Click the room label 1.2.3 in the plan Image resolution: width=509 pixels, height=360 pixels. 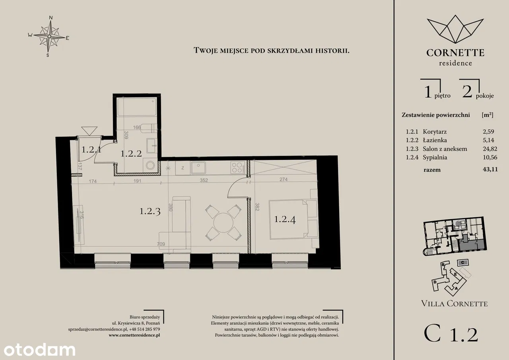[x=150, y=211]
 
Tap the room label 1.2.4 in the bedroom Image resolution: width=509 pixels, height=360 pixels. [x=285, y=219]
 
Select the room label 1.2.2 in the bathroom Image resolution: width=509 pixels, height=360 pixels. [x=131, y=154]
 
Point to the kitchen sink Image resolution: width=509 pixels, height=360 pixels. [x=198, y=168]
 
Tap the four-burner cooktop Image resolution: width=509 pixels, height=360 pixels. [x=238, y=167]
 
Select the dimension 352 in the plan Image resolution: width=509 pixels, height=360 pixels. [x=204, y=180]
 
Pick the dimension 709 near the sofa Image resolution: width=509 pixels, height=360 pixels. [x=161, y=244]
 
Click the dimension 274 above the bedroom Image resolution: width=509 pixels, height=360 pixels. [x=284, y=179]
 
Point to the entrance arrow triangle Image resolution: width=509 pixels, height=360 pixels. [x=89, y=131]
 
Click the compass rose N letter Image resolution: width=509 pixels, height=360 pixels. [x=51, y=18]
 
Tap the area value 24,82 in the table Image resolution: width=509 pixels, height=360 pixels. [x=490, y=149]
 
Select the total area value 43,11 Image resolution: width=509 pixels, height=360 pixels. [x=490, y=169]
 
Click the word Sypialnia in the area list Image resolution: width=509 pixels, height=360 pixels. [x=435, y=157]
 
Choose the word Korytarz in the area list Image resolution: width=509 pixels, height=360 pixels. [x=435, y=132]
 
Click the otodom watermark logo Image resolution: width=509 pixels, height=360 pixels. [x=39, y=350]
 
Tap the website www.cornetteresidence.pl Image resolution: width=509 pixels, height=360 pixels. [x=134, y=335]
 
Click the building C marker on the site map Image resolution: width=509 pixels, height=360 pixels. [x=462, y=263]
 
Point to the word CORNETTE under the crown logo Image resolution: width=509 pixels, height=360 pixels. [x=455, y=53]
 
